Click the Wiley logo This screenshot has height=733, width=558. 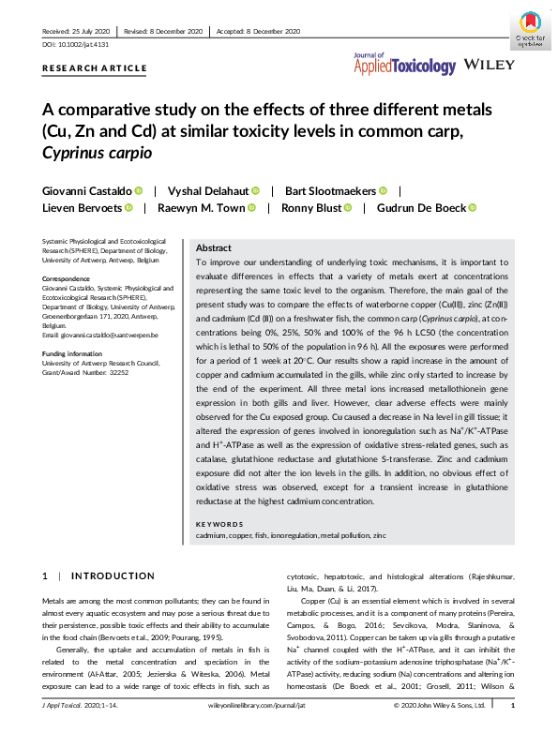pos(487,66)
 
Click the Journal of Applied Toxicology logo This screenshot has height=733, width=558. pos(404,64)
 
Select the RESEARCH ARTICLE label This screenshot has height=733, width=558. pos(95,68)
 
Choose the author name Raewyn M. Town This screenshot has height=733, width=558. pos(200,208)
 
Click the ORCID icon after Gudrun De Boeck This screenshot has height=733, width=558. pos(472,208)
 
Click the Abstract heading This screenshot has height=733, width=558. pos(214,247)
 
